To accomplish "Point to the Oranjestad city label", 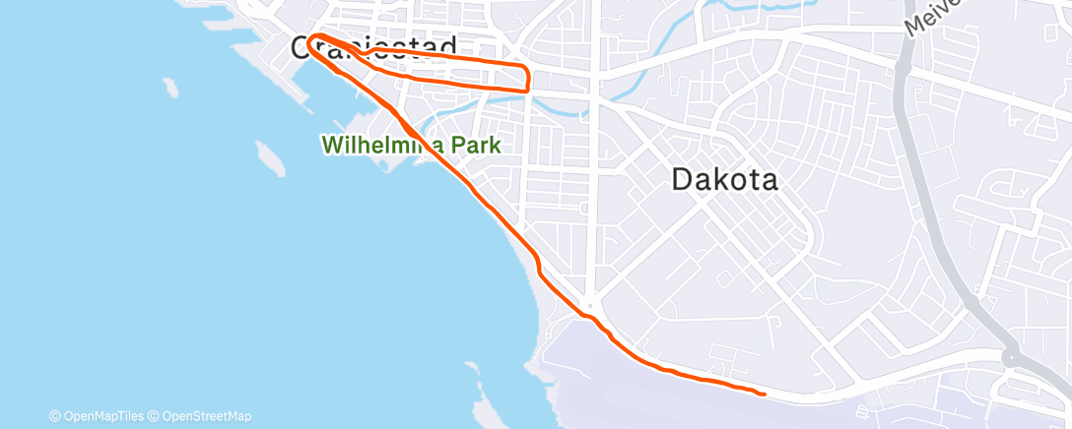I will click(374, 46).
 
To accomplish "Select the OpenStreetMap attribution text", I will click(205, 416).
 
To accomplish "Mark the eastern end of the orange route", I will click(764, 395).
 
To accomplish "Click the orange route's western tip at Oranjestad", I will click(310, 41).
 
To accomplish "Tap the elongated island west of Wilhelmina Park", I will click(268, 155).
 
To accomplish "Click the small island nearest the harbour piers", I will click(171, 88).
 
